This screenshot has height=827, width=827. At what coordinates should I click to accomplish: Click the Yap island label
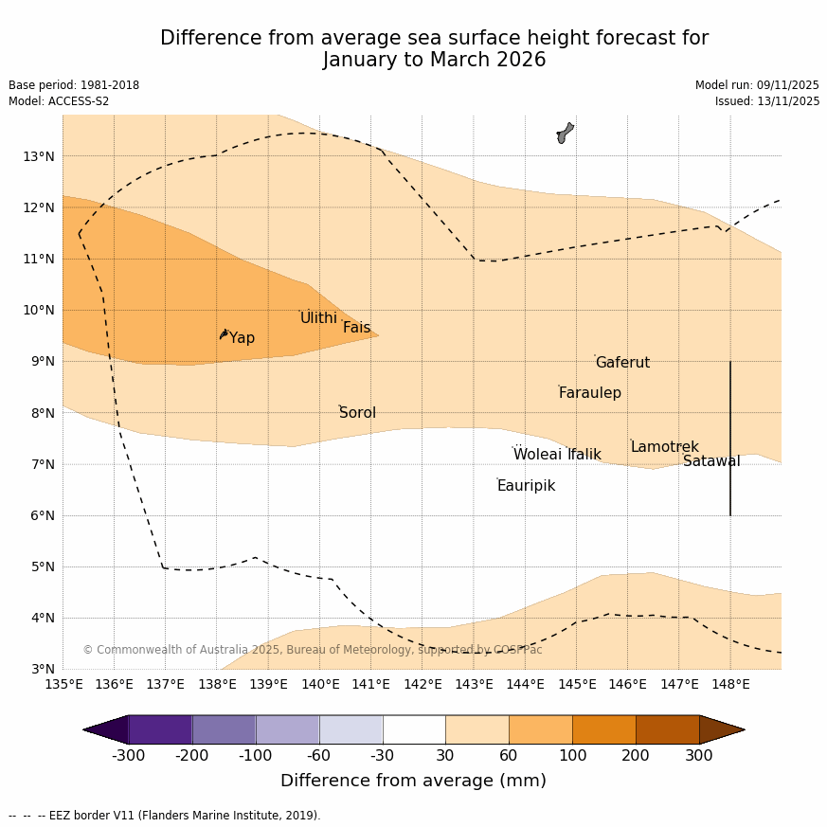242,338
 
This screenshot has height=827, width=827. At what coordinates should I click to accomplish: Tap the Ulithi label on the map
318,318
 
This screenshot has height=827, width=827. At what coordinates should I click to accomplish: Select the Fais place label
356,328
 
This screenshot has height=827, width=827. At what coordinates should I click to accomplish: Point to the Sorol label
357,413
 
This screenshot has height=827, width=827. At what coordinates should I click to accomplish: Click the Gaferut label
622,363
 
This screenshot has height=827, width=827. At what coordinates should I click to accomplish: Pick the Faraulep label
589,393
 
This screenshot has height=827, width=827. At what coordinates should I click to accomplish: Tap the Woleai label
537,455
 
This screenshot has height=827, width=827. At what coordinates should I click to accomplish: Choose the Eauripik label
526,486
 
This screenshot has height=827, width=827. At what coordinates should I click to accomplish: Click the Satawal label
711,461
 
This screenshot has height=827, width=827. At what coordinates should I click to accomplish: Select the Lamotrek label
664,447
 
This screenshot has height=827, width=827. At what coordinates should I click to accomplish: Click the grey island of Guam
564,133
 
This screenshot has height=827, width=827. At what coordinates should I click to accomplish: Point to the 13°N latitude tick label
38,156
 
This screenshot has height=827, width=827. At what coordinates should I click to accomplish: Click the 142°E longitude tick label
422,684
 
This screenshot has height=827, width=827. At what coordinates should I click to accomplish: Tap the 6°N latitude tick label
42,515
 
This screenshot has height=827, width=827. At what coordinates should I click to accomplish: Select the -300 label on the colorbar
129,755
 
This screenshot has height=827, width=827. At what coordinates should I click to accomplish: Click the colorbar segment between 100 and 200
603,729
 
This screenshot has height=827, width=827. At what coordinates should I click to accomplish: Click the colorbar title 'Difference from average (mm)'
413,781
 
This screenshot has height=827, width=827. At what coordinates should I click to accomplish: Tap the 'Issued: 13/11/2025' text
767,101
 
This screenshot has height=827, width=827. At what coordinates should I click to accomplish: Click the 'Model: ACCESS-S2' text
59,101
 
